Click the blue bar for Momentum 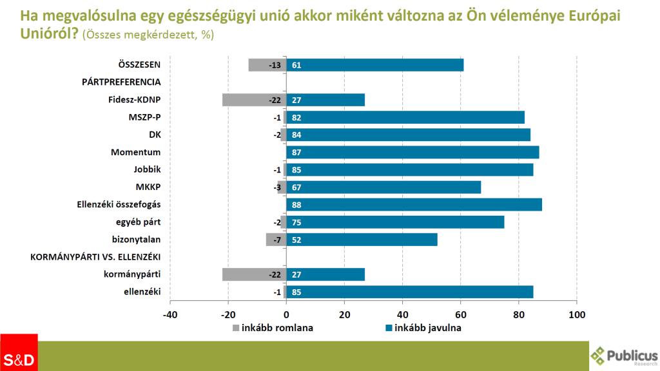tap(412, 153)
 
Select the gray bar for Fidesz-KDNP tap(254, 100)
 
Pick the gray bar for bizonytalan tap(275, 240)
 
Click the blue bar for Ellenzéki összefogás tap(414, 205)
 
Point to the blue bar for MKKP tap(383, 187)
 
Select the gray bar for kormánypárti tap(254, 274)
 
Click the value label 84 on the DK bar tap(297, 135)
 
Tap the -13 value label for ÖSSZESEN tap(274, 65)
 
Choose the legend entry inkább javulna tap(423, 327)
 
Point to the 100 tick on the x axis tap(577, 314)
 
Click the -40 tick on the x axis tap(170, 314)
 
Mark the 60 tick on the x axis tap(461, 314)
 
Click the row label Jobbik tap(147, 170)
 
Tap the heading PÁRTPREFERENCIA tap(121, 82)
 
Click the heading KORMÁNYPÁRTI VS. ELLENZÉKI tap(96, 257)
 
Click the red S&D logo tap(19, 353)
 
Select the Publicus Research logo tap(624, 356)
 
